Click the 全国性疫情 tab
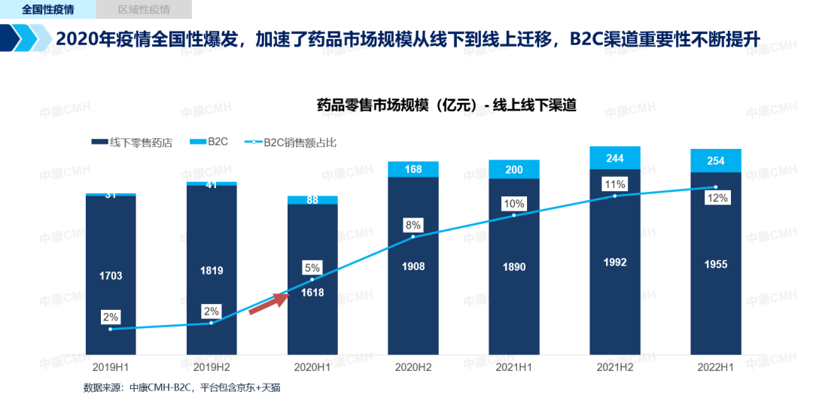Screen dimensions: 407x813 pyautogui.click(x=47, y=10)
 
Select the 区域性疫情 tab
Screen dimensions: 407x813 pyautogui.click(x=144, y=10)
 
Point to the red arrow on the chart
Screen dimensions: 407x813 pyautogui.click(x=269, y=304)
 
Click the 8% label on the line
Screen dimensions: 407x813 pyautogui.click(x=413, y=225)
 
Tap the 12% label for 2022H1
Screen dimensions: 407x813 pyautogui.click(x=717, y=199)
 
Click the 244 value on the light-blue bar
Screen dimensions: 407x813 pyautogui.click(x=615, y=158)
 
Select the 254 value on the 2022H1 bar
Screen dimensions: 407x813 pyautogui.click(x=716, y=160)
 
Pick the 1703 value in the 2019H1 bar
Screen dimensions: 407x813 pyautogui.click(x=111, y=276)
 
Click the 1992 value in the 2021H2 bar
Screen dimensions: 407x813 pyautogui.click(x=615, y=263)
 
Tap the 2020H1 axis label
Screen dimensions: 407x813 pyautogui.click(x=312, y=366)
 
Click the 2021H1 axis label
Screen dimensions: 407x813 pyautogui.click(x=514, y=366)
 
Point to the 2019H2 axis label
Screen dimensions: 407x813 pyautogui.click(x=212, y=366)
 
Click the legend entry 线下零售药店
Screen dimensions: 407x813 pyautogui.click(x=135, y=141)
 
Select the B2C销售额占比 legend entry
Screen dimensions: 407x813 pyautogui.click(x=294, y=141)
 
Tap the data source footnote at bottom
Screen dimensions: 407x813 pyautogui.click(x=181, y=388)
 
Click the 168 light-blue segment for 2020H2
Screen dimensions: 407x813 pyautogui.click(x=413, y=169)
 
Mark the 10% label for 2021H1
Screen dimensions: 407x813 pyautogui.click(x=515, y=203)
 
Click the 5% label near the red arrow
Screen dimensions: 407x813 pyautogui.click(x=312, y=267)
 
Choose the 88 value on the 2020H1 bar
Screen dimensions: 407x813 pyautogui.click(x=312, y=200)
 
